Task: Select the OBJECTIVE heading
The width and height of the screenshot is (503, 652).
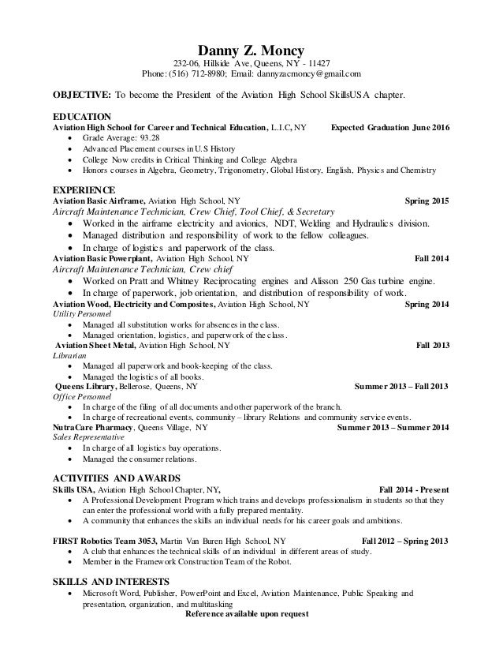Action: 81,97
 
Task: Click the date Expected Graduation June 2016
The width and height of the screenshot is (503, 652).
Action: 389,127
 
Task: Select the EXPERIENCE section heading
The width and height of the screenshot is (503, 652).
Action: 84,191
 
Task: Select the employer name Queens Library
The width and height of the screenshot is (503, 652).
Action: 85,387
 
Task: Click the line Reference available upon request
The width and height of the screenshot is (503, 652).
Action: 250,613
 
